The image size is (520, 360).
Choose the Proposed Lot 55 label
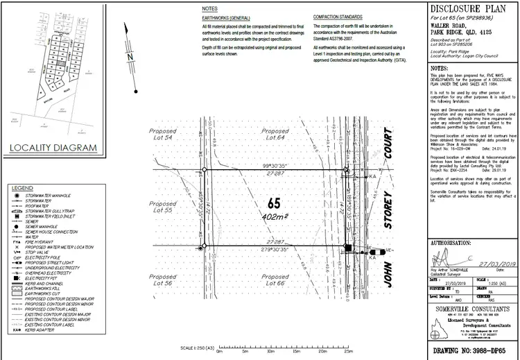[x=164, y=207]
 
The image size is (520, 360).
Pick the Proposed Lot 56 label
[x=164, y=280]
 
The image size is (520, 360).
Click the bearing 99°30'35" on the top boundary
[x=275, y=165]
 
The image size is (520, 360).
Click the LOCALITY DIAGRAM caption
[x=53, y=148]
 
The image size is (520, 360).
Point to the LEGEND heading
[x=23, y=188]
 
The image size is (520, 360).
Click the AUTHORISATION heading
[x=452, y=244]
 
